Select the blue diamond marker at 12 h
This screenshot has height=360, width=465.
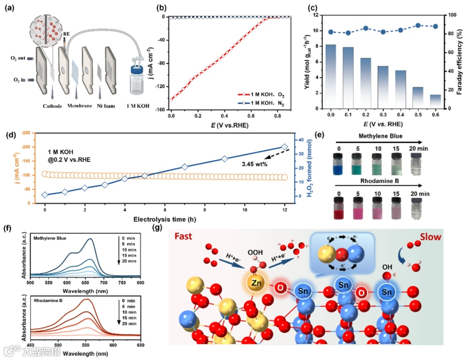pos(284,147)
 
